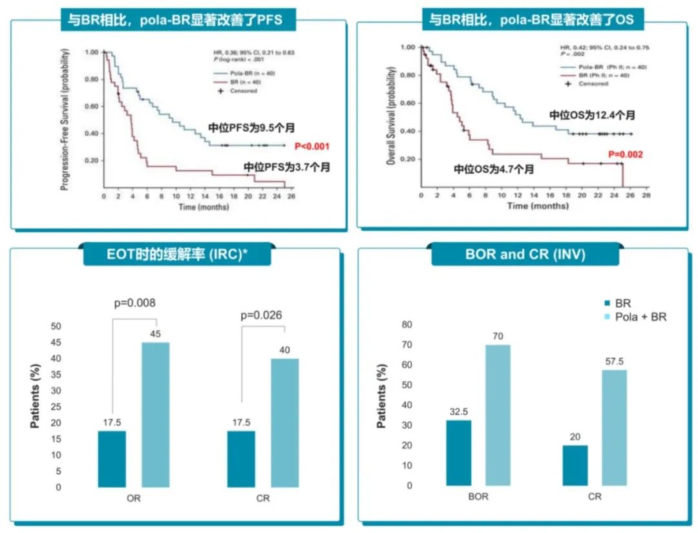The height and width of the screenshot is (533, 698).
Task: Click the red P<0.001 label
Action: coord(313,146)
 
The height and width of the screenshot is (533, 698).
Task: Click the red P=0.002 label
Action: coord(625,154)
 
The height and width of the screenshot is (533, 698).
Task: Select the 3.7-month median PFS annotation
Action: coord(287,167)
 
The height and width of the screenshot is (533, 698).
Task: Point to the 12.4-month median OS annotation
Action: coord(592,114)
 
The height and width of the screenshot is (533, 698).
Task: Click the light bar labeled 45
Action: coord(155,414)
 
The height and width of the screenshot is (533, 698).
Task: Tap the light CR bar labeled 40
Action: coord(284,423)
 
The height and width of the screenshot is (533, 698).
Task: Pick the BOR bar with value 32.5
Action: coord(459,453)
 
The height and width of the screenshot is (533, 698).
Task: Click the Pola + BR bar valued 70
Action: coord(498,415)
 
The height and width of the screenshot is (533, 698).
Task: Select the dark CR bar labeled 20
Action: coord(575,465)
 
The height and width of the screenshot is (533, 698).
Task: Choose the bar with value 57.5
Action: coord(614,428)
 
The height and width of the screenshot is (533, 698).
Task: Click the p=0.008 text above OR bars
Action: coord(135,302)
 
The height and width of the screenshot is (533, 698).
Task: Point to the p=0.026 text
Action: coord(264,315)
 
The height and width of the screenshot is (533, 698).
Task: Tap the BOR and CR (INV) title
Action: coord(525,255)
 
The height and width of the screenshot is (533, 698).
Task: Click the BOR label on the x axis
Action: coord(478,497)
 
